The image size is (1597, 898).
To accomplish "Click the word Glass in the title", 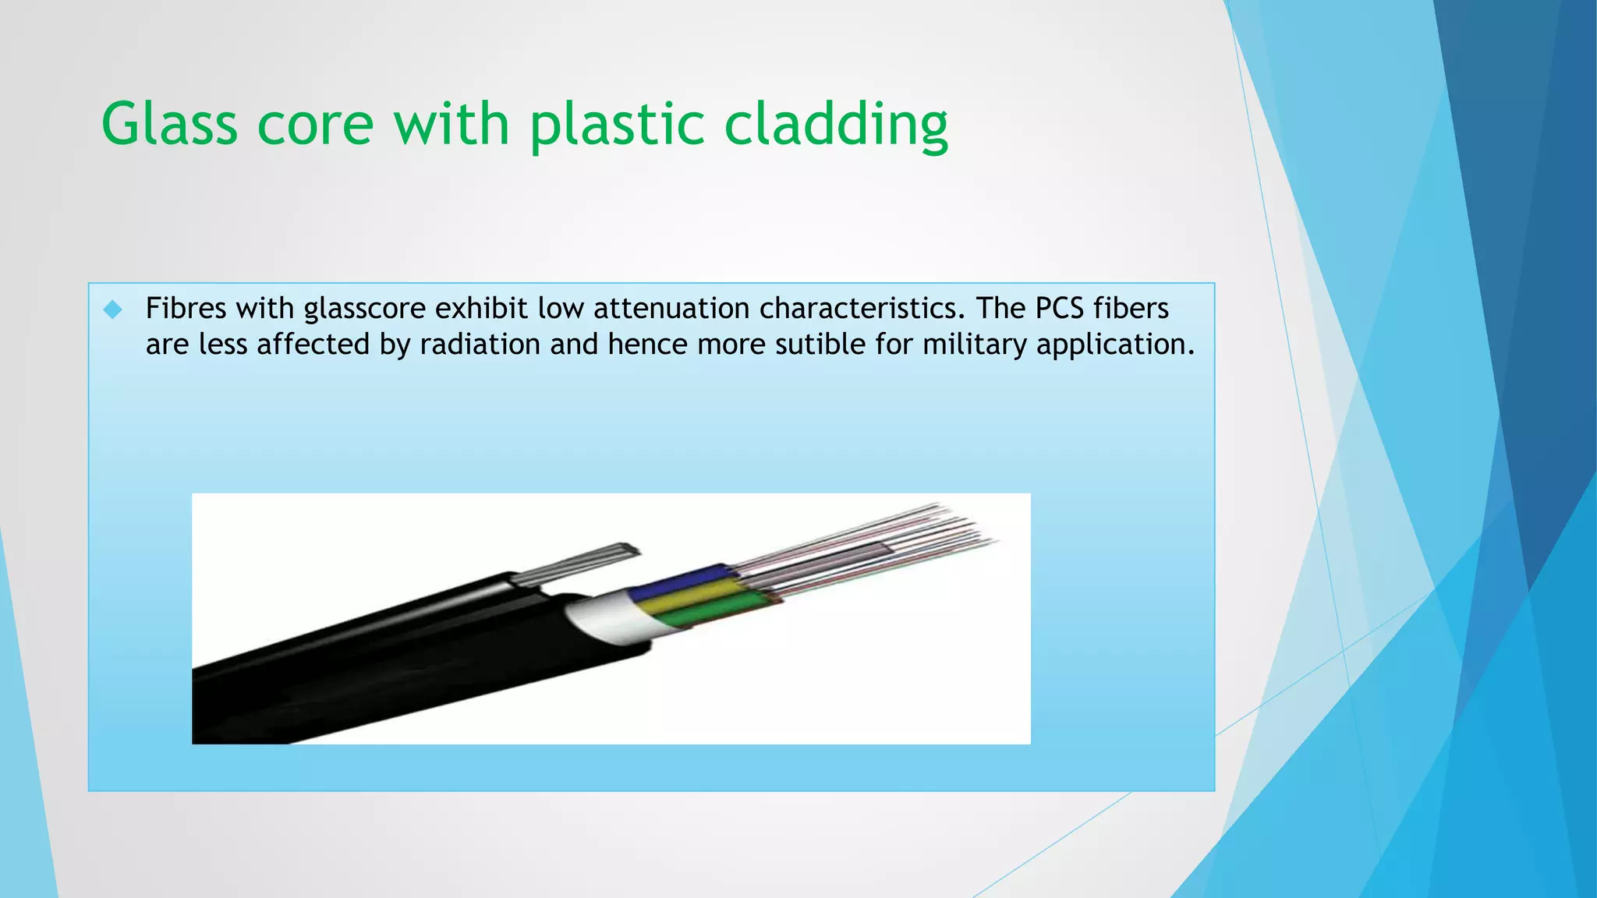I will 169,125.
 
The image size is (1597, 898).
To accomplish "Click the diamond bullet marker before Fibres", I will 113,309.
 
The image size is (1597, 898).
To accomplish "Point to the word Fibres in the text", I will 186,309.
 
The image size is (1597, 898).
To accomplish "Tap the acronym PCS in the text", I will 1059,309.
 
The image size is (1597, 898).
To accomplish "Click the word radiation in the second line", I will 480,345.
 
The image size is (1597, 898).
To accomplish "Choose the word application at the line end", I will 1114,345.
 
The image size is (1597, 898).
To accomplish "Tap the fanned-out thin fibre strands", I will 873,546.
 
